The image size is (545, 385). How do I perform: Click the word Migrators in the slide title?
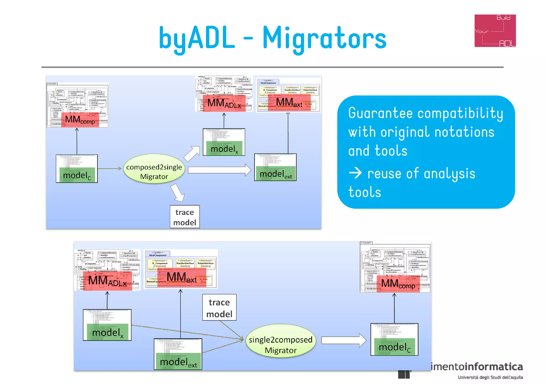click(324, 38)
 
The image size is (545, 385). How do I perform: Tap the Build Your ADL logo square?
click(495, 31)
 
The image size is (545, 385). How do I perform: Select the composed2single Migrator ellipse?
click(154, 169)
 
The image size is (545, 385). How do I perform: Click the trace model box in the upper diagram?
click(185, 217)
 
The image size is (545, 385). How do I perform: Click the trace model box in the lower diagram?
click(219, 307)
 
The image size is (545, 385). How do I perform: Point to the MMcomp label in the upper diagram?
click(80, 120)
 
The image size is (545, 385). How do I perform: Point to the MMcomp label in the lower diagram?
click(398, 284)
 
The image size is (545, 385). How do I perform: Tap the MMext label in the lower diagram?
click(181, 278)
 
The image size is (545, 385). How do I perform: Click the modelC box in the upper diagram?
click(77, 169)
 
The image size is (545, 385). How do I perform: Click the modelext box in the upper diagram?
click(275, 167)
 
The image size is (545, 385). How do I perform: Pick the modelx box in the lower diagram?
click(107, 325)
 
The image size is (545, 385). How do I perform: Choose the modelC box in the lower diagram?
click(394, 340)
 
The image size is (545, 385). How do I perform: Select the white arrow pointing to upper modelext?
click(219, 170)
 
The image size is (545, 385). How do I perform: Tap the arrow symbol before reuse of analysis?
click(355, 173)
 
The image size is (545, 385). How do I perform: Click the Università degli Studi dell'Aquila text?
click(490, 377)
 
